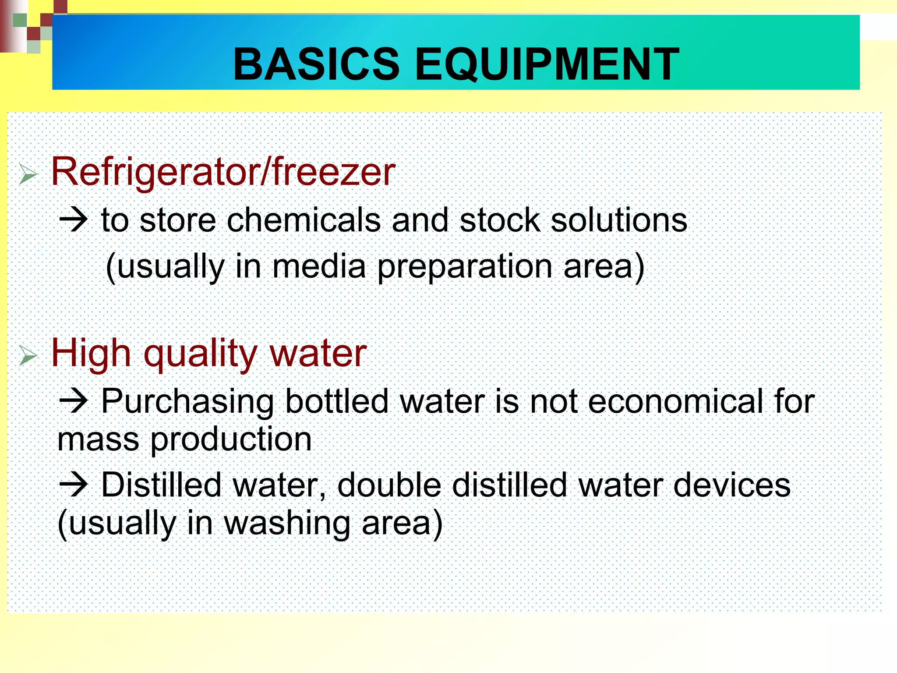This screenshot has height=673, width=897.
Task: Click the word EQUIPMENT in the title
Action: (547, 65)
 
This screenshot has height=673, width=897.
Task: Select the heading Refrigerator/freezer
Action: (223, 172)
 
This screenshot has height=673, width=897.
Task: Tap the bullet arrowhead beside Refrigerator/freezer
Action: (28, 175)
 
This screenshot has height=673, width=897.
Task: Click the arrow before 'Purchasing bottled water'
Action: (74, 401)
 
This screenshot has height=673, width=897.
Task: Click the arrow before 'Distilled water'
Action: (74, 485)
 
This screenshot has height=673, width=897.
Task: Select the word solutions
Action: (618, 220)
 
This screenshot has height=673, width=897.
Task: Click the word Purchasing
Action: (187, 402)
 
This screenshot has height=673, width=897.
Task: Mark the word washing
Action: (287, 524)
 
